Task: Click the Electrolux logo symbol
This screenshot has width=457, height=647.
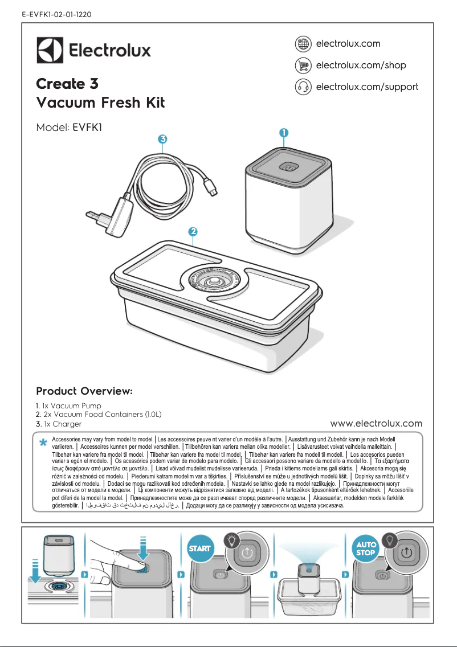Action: point(50,50)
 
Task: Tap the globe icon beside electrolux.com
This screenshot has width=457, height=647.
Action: point(303,44)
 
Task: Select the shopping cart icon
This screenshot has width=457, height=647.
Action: point(303,65)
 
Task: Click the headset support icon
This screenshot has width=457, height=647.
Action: point(303,87)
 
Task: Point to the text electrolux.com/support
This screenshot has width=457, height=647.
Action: point(367,87)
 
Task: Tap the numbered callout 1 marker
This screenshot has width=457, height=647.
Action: point(283,132)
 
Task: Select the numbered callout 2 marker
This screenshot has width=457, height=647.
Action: point(193,232)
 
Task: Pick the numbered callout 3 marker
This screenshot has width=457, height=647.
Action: point(162,139)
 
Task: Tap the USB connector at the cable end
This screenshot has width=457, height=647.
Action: point(210,190)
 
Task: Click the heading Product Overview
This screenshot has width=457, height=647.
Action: point(84,392)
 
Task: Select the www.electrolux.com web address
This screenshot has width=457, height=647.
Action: point(376,423)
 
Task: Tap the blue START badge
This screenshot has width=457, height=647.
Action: point(199,548)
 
